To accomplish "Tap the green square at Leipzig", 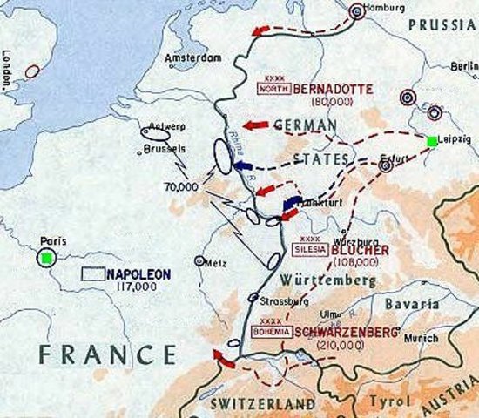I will [x=432, y=141].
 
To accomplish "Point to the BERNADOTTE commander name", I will [x=330, y=89].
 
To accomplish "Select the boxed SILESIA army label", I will [x=310, y=246].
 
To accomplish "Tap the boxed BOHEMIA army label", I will [x=270, y=332].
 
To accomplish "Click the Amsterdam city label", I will [x=194, y=58].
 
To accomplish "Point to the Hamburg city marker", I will [x=355, y=12].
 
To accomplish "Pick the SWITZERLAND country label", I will [x=263, y=405].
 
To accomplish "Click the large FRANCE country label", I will [x=105, y=354].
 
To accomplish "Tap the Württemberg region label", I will [x=329, y=280].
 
